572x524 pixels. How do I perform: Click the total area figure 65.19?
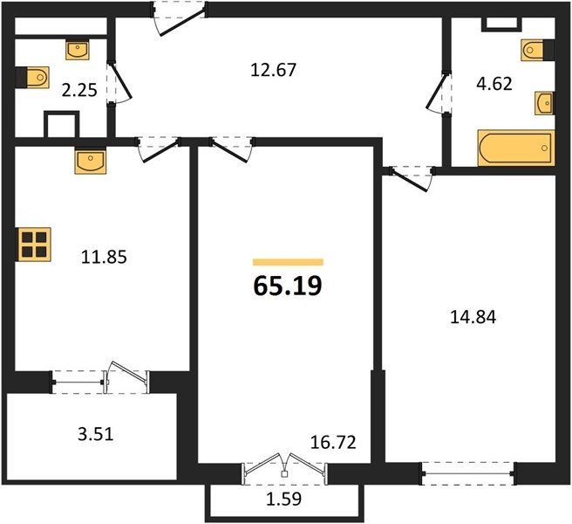288,286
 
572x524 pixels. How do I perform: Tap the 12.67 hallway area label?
273,70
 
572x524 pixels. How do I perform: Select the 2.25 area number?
79,90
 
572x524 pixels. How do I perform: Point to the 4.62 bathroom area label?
494,84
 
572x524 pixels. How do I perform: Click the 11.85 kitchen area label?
104,257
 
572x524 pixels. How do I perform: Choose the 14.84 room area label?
473,317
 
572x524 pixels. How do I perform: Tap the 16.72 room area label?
333,443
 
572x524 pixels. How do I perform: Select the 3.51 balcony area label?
96,434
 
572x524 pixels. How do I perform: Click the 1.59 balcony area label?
283,499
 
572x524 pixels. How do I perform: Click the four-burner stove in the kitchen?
33,244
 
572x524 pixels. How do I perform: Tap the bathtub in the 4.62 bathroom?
516,148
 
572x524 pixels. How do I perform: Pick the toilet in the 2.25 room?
32,78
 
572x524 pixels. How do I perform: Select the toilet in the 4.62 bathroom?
538,50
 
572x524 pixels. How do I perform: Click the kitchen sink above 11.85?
91,161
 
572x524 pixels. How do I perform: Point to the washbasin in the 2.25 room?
78,50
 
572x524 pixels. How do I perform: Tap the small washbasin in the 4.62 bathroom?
544,103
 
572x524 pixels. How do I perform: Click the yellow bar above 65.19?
289,262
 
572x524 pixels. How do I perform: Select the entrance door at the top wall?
180,18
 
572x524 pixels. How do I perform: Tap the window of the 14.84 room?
468,473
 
